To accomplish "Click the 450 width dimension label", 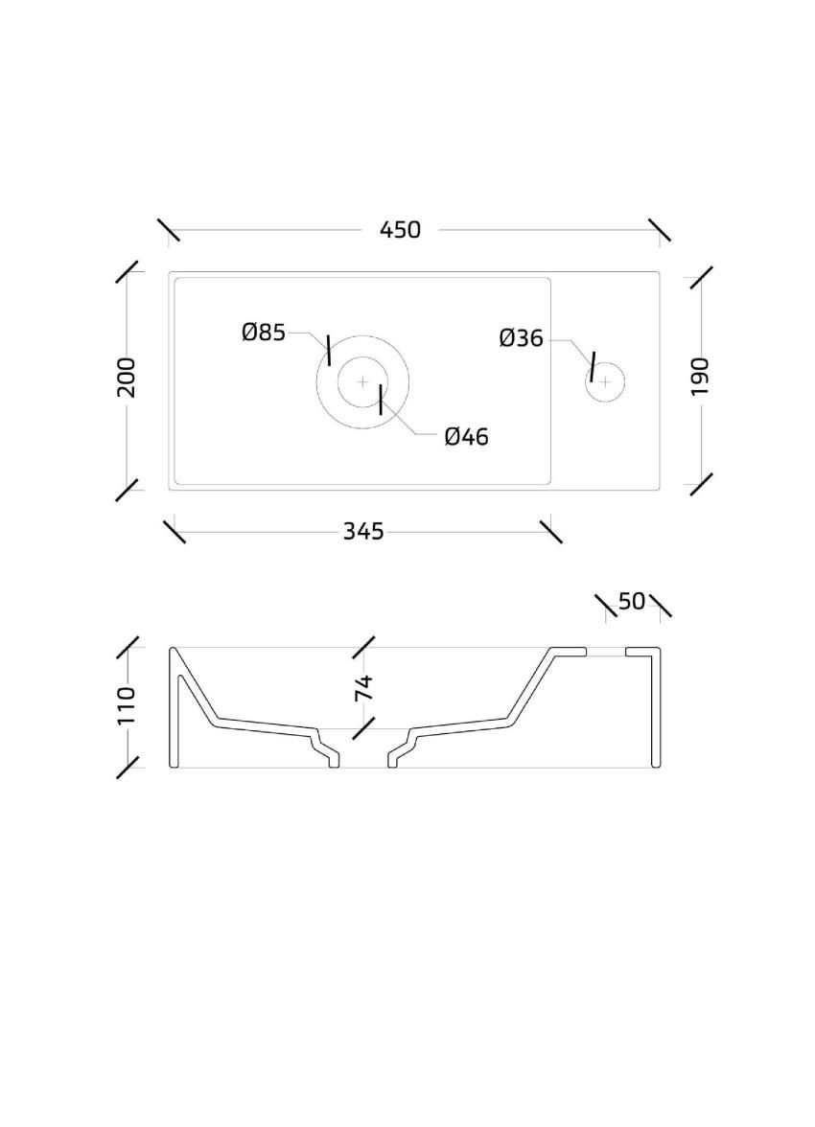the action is [x=400, y=230].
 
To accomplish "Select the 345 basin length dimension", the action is [x=363, y=532].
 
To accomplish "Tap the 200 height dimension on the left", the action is [x=127, y=377].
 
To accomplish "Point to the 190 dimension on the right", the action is [x=700, y=376].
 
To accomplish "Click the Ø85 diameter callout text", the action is [x=264, y=333].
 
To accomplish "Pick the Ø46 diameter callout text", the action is [x=466, y=436].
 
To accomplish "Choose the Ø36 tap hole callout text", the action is [x=521, y=337].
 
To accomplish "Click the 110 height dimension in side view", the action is [x=126, y=705].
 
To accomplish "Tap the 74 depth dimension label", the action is [x=364, y=688].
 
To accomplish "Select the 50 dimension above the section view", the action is [x=632, y=602].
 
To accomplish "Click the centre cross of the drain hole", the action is [x=363, y=381].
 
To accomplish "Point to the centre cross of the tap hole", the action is [x=605, y=381].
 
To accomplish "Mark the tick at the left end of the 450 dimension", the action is [x=169, y=230].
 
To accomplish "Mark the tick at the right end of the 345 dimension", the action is [x=550, y=532].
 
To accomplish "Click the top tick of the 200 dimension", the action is [x=127, y=272].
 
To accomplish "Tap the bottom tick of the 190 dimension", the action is [x=701, y=484].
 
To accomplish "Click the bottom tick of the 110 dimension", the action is [x=128, y=767].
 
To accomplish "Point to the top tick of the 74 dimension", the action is [x=363, y=647].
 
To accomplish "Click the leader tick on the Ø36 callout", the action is [x=592, y=366].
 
